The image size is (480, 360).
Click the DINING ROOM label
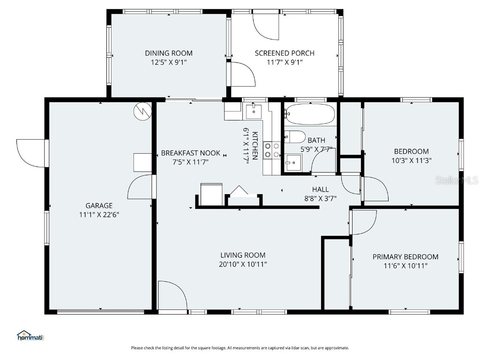pos(168,53)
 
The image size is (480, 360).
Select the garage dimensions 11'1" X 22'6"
pos(99,215)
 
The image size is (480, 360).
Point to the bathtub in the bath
pos(310,114)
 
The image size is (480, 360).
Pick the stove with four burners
pos(272,150)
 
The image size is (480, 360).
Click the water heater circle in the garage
pos(142,111)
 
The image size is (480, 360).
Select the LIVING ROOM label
pos(243,255)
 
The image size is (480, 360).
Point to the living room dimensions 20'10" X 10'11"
pos(243,264)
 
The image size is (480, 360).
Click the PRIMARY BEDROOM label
pos(405,256)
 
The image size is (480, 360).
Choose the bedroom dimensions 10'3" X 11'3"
pos(411,160)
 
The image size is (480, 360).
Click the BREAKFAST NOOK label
pos(190,153)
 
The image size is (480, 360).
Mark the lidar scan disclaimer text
pos(240,348)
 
